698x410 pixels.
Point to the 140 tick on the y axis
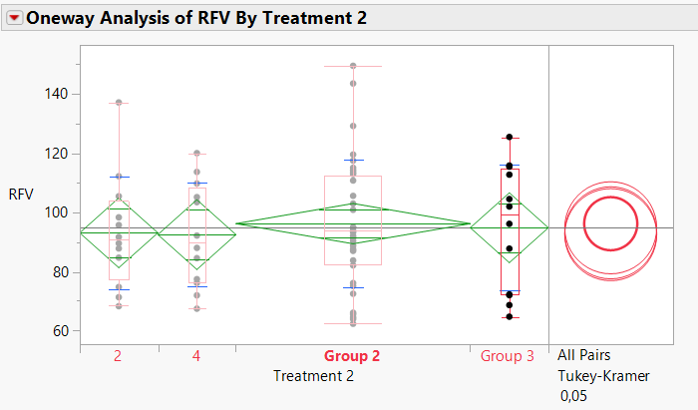coord(56,94)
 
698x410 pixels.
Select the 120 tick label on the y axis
coord(56,154)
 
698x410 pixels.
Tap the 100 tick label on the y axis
coord(56,212)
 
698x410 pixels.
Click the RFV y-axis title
coord(21,194)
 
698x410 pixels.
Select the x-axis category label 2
coord(118,355)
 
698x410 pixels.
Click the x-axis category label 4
coord(196,355)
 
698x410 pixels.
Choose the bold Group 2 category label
coord(352,355)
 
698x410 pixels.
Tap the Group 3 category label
coord(508,355)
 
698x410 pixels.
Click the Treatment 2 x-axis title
coord(313,376)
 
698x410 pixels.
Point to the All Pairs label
coord(584,355)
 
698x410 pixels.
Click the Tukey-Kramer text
coord(603,376)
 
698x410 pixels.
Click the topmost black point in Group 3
coord(509,138)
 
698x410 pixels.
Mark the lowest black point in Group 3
coord(509,317)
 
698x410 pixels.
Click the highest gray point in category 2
coord(119,103)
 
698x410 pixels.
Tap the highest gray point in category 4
coord(196,154)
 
